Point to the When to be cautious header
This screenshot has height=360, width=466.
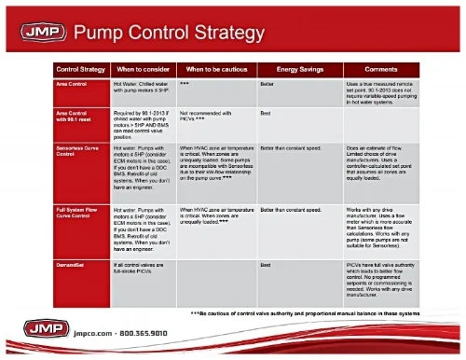point(215,70)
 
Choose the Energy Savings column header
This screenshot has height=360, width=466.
point(298,70)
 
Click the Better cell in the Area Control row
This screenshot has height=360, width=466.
point(267,83)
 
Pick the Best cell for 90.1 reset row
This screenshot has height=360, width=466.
point(266,113)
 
